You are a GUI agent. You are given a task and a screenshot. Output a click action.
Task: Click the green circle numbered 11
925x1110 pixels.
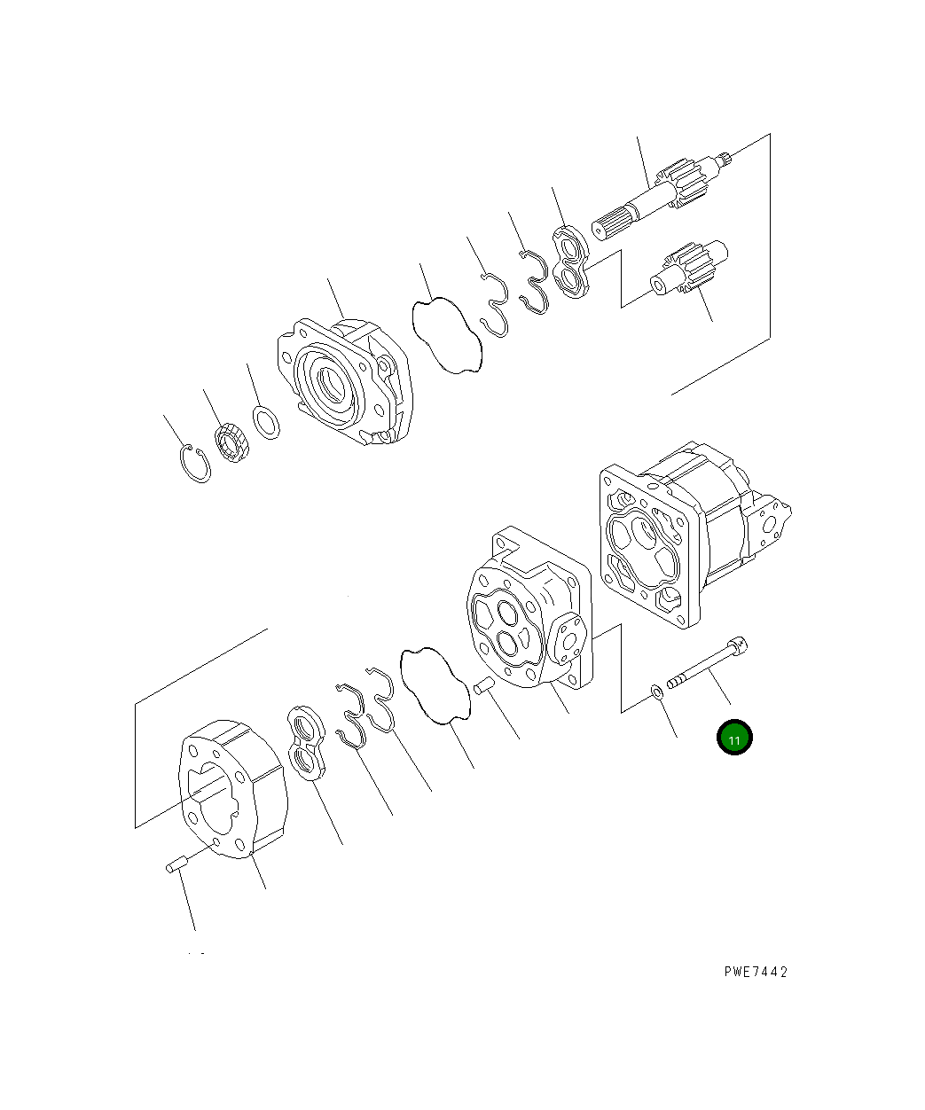734,738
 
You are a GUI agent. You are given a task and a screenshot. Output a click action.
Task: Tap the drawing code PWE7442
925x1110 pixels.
756,973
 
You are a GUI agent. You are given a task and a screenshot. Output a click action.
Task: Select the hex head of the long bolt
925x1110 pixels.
738,645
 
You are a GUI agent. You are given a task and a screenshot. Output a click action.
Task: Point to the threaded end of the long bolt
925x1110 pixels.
676,681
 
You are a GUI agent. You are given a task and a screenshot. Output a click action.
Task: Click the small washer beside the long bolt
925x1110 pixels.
656,692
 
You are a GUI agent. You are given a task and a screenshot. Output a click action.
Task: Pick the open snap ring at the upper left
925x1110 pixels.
195,464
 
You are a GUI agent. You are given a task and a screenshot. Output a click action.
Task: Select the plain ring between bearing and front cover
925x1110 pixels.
266,423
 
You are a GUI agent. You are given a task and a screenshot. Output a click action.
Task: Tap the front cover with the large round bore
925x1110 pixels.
345,381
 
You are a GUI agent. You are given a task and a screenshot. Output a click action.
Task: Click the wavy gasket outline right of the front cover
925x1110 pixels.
447,335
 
